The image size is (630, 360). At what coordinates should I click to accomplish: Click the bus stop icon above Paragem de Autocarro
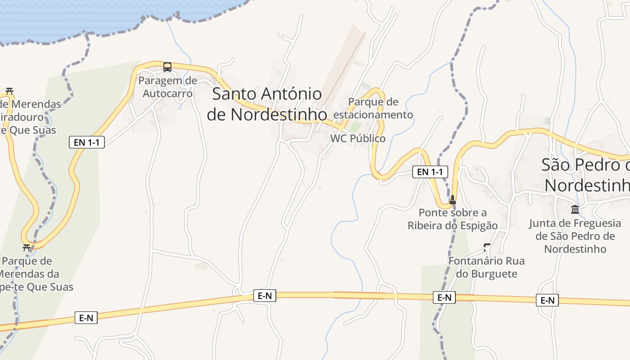point(167,67)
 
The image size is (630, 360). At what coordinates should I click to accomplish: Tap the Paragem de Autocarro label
point(167,87)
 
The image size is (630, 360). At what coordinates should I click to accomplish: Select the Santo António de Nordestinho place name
point(267,104)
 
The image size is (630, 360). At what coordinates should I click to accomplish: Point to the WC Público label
point(358,139)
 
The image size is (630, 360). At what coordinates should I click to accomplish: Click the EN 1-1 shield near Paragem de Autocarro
point(87,143)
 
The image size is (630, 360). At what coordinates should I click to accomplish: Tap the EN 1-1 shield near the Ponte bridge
point(430,172)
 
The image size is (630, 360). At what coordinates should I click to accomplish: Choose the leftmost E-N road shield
point(86,318)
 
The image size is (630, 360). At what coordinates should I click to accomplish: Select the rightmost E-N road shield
point(547,300)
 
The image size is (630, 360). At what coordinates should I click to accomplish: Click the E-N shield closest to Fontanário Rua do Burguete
point(444,297)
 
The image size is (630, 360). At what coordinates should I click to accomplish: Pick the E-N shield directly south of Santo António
point(265,296)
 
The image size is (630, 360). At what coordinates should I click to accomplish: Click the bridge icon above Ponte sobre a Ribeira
point(453,200)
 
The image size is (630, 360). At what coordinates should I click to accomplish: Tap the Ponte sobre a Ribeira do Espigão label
point(453,219)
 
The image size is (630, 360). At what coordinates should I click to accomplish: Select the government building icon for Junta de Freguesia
point(575,209)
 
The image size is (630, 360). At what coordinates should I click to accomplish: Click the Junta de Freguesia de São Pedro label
point(575,236)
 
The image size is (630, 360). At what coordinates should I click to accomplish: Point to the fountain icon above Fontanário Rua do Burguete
point(486,247)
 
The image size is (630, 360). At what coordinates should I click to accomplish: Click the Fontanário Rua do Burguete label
point(486,267)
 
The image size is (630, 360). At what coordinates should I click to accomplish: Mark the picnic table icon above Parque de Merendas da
point(27,247)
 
